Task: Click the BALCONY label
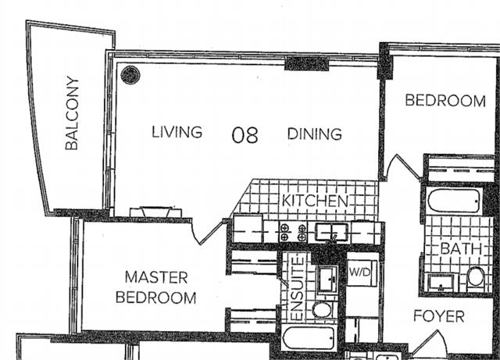72,113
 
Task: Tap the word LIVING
177,132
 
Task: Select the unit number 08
245,135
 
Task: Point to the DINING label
315,134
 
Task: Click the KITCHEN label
315,201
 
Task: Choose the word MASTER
156,277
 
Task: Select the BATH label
461,248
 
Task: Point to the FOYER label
439,316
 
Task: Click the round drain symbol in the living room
130,75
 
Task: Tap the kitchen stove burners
293,233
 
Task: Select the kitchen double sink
331,232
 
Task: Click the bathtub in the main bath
455,201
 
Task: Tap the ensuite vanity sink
328,279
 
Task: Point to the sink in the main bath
441,283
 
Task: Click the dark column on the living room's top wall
306,63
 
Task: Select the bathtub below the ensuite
309,338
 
